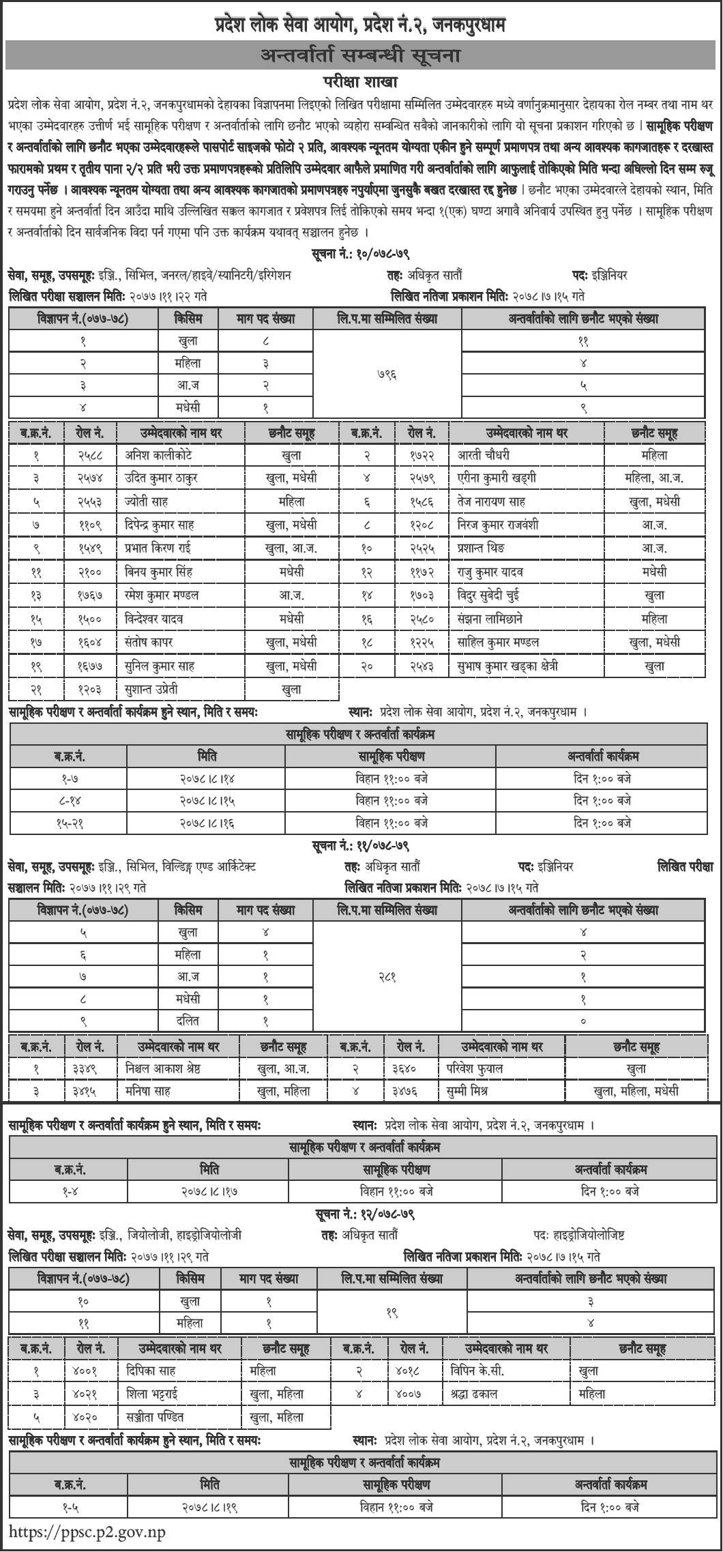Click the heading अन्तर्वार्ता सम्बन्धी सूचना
tap(361, 56)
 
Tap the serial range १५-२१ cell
tap(69, 823)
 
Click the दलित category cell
tap(188, 1021)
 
